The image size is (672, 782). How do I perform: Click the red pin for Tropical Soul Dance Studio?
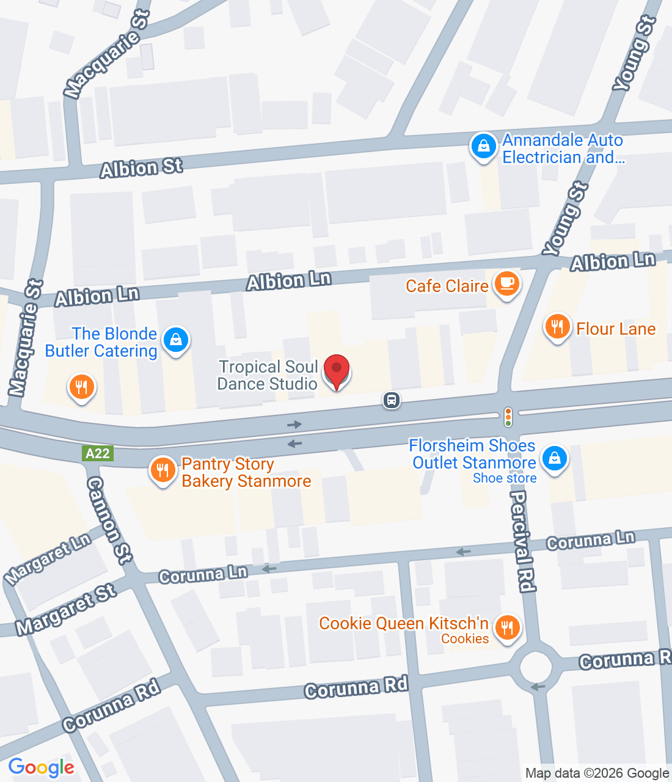[336, 370]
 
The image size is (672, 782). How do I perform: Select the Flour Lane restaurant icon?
[557, 327]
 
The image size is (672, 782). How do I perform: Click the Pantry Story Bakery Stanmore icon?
[163, 470]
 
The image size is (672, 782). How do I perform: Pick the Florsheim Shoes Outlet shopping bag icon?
[554, 458]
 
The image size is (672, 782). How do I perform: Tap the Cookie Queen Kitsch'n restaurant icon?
[506, 627]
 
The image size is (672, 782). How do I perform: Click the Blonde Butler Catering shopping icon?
[176, 340]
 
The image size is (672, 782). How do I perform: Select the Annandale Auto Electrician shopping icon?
[483, 147]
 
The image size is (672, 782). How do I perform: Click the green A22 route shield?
[98, 453]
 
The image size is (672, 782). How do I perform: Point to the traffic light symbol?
[508, 417]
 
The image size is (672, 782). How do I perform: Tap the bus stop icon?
[392, 400]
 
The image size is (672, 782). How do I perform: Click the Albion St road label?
[141, 167]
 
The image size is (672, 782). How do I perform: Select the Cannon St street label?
[109, 519]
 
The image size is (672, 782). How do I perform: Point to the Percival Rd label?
[522, 541]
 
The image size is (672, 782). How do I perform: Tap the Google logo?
[41, 767]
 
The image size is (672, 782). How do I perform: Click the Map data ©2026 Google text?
[597, 773]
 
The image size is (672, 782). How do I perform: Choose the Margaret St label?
[66, 609]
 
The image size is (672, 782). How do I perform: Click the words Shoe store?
[505, 478]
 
